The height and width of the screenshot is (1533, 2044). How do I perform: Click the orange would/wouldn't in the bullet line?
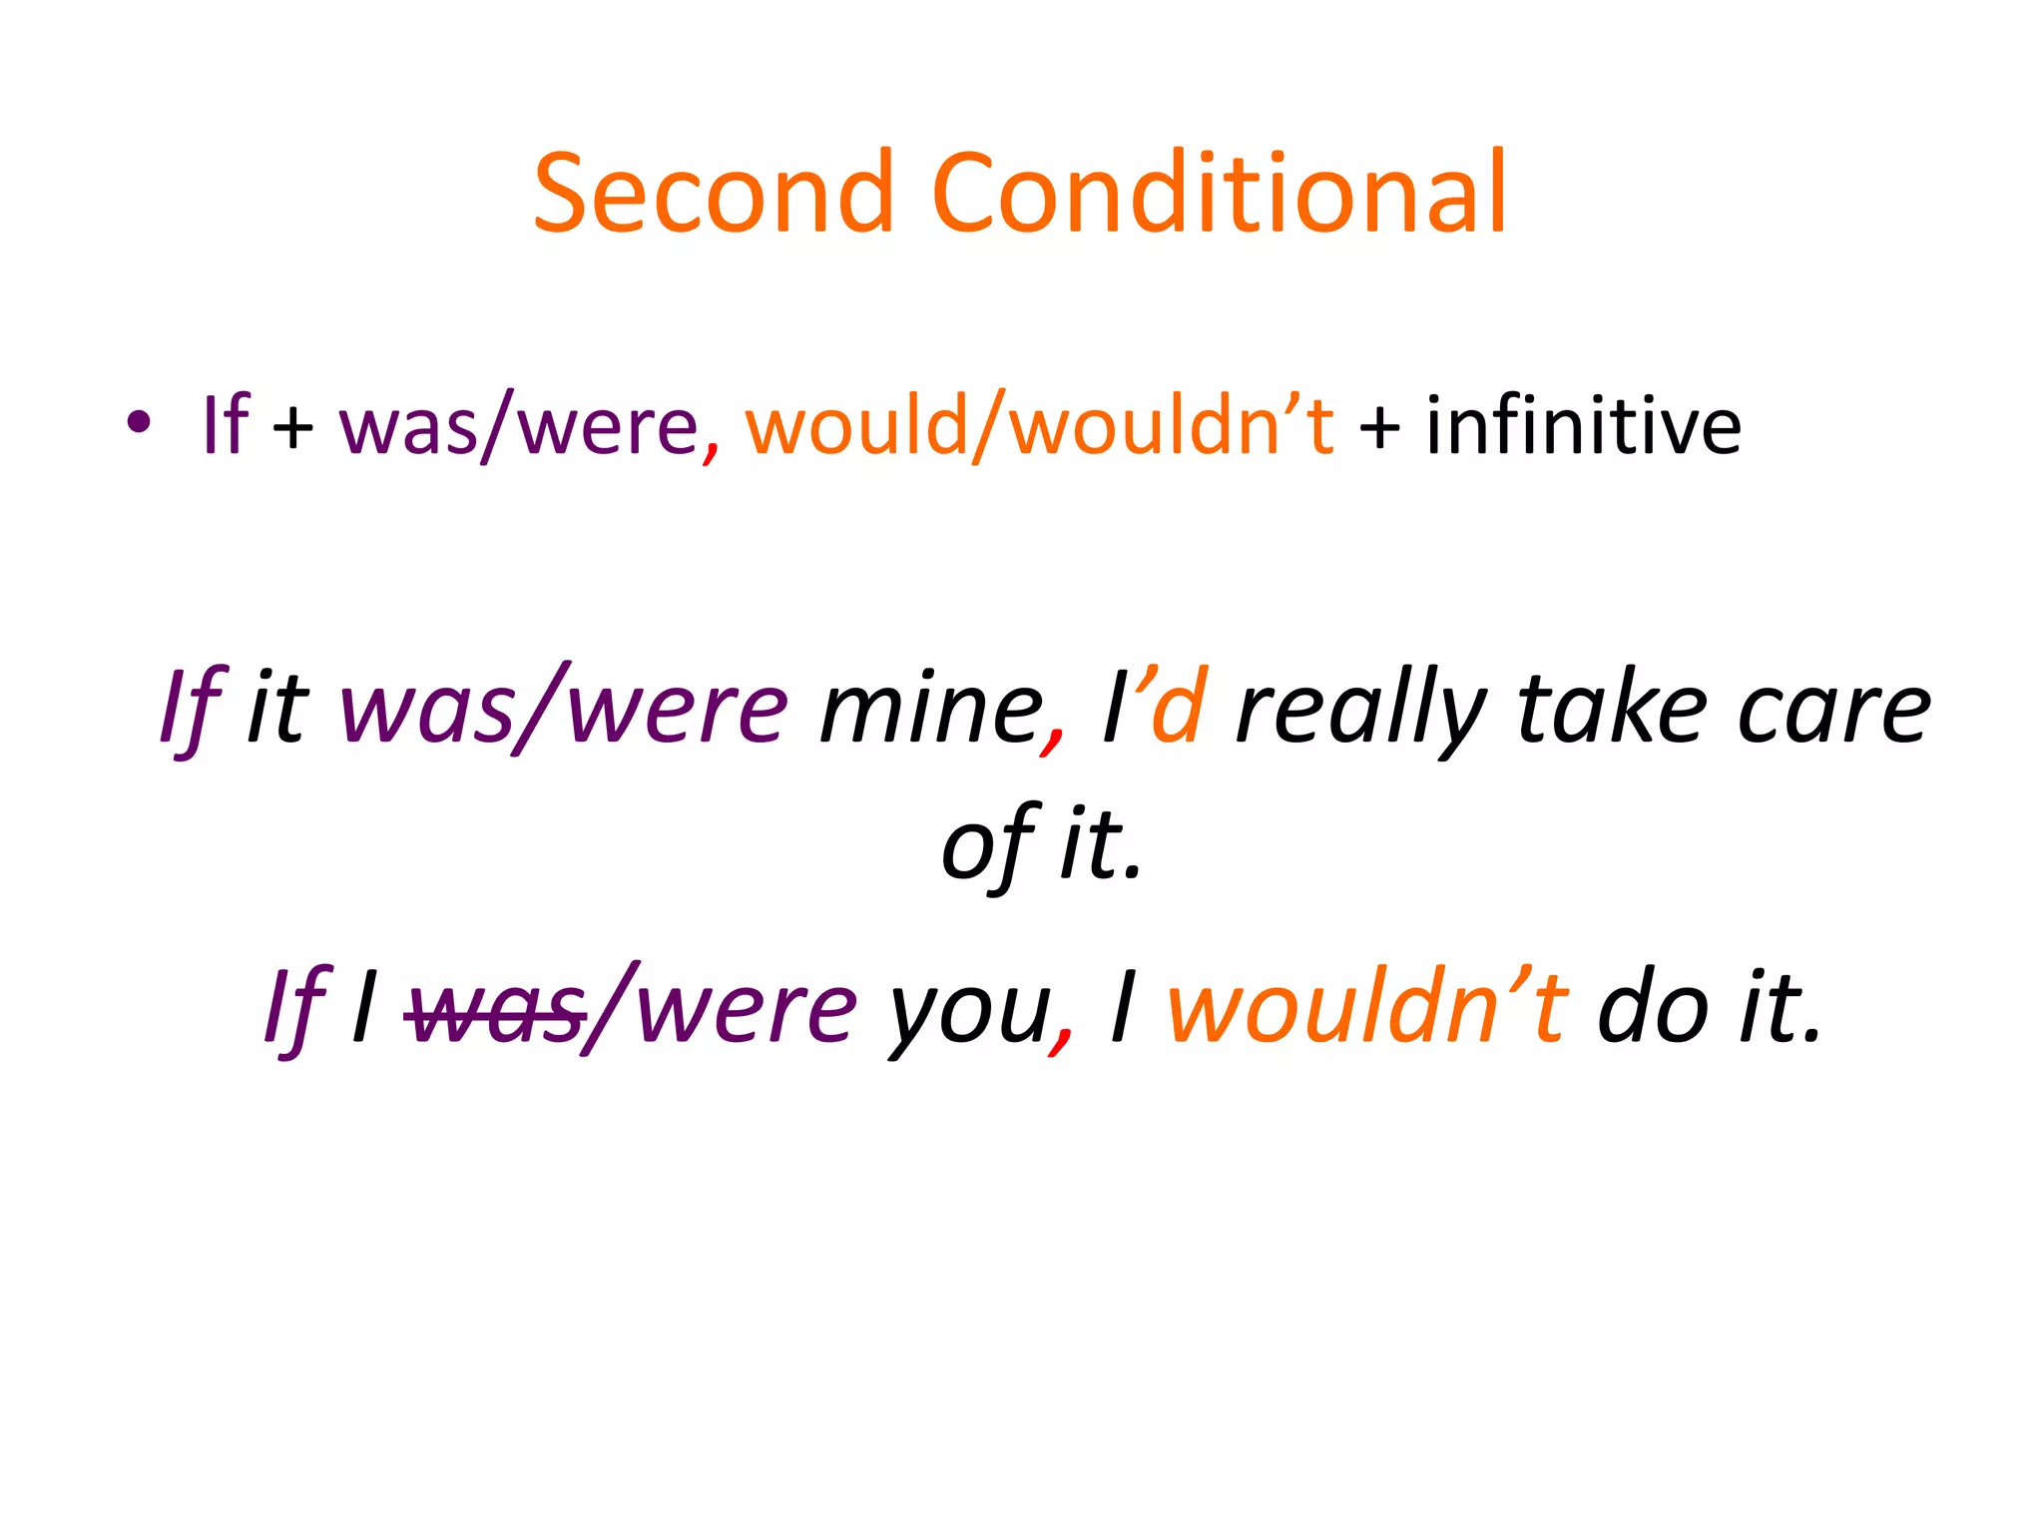tap(1039, 426)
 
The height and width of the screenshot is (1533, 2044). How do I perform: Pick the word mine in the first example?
tap(929, 710)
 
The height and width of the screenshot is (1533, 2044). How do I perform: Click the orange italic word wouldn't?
tap(1366, 1007)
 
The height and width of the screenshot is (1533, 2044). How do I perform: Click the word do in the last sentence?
tap(1653, 1007)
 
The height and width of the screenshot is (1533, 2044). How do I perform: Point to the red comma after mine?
tap(1053, 744)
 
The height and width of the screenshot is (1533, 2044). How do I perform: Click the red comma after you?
tap(1061, 1043)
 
